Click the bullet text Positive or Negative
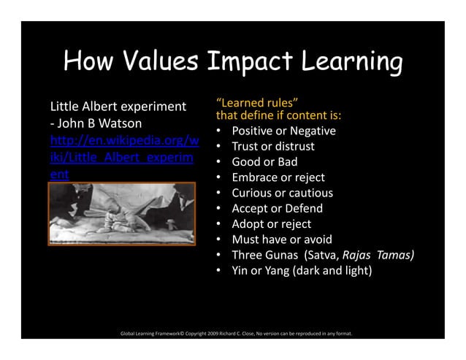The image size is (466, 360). (283, 131)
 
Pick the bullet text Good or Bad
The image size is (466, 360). (264, 162)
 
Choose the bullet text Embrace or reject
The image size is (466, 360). (278, 177)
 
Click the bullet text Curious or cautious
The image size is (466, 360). (282, 193)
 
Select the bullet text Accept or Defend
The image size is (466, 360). (277, 208)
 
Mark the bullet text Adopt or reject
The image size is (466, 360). (271, 223)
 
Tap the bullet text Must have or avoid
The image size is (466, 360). (281, 240)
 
